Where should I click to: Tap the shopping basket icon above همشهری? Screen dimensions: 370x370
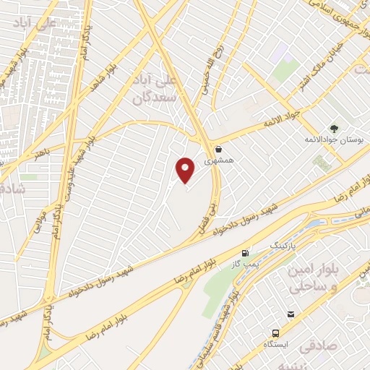point(218,149)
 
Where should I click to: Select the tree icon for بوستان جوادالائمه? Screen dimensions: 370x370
point(333,128)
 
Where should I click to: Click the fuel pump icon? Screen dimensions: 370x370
point(246,254)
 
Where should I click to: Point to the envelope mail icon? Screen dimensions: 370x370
point(291,314)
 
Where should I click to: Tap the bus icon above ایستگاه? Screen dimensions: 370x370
point(275,333)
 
